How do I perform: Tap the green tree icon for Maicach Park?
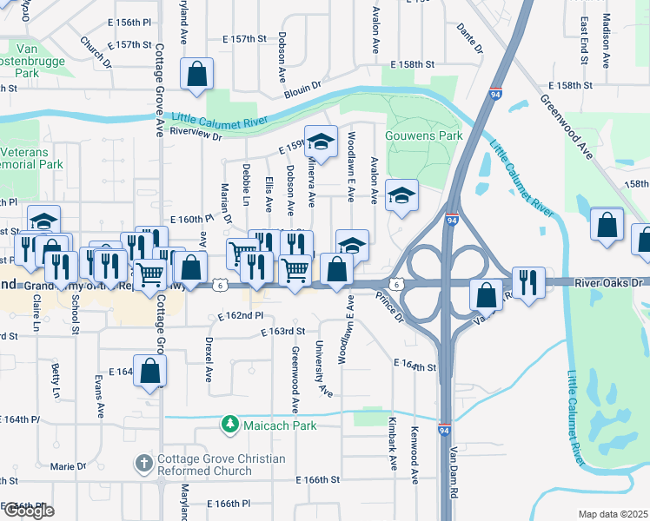tap(230, 425)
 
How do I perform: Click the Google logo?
tap(28, 511)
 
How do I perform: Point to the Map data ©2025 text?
tap(614, 514)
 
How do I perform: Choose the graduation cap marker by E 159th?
tap(321, 143)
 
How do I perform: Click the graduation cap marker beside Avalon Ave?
tap(401, 196)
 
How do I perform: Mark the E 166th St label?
tap(316, 480)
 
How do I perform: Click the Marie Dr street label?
tap(68, 466)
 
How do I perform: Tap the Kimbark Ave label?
tap(392, 443)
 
